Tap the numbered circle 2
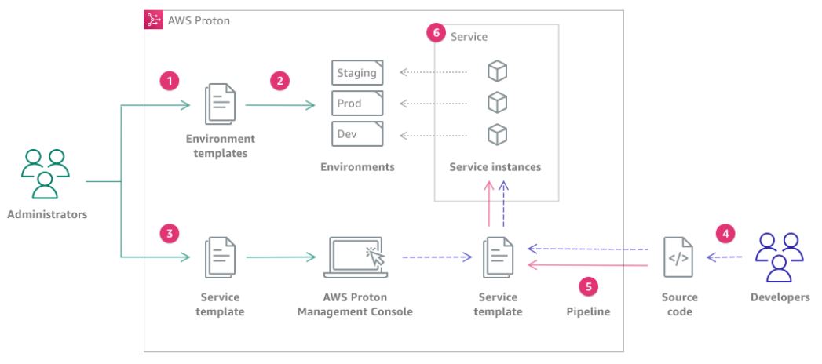pyautogui.click(x=279, y=80)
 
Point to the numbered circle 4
pyautogui.click(x=725, y=233)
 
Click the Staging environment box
pyautogui.click(x=357, y=73)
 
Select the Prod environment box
pyautogui.click(x=357, y=103)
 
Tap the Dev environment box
pyautogui.click(x=357, y=133)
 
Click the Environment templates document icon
pyautogui.click(x=219, y=104)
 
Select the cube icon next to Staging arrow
pyautogui.click(x=496, y=72)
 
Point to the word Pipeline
pyautogui.click(x=589, y=311)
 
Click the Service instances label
pyautogui.click(x=495, y=167)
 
